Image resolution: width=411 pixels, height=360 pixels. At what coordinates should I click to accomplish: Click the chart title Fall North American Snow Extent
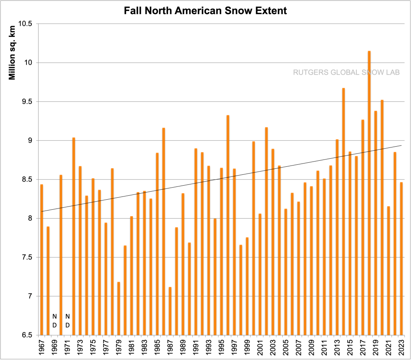pos(205,11)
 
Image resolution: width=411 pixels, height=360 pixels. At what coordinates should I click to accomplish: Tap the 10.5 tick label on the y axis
pos(25,24)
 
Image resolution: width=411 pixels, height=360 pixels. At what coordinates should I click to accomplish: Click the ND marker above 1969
pos(55,320)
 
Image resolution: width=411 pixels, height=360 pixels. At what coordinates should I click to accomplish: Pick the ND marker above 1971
pos(67,320)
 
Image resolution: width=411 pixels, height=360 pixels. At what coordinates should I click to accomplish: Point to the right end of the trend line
pos(401,145)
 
